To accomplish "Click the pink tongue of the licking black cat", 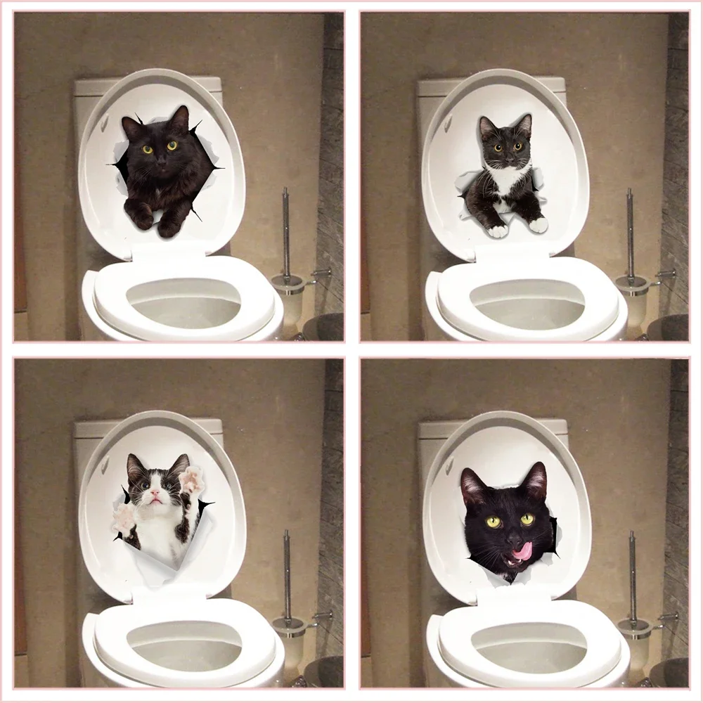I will click(522, 553).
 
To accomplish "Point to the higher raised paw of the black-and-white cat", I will click(190, 481).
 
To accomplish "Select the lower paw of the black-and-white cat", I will click(124, 519).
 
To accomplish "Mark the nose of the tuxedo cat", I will click(505, 157).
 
